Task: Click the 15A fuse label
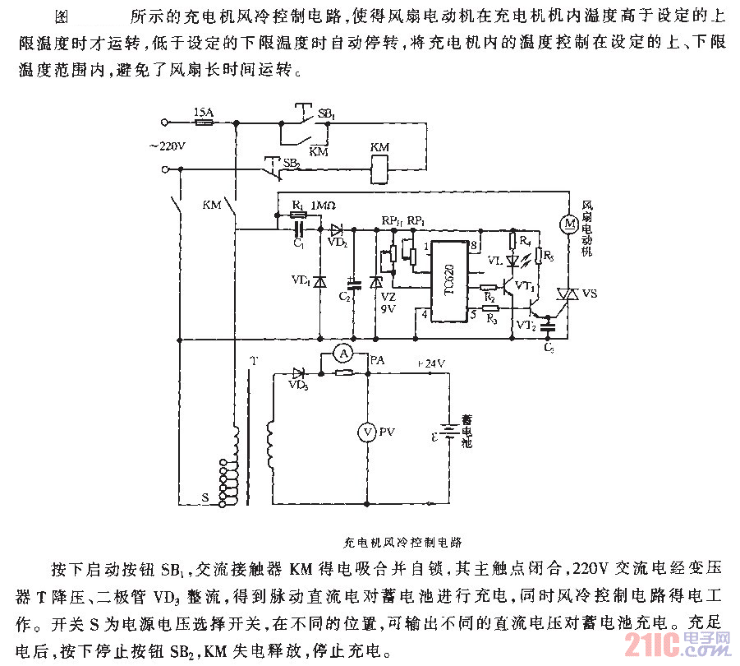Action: [203, 111]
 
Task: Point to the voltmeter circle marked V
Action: [368, 431]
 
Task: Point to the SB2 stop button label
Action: [291, 163]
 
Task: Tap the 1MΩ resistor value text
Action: [324, 203]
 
